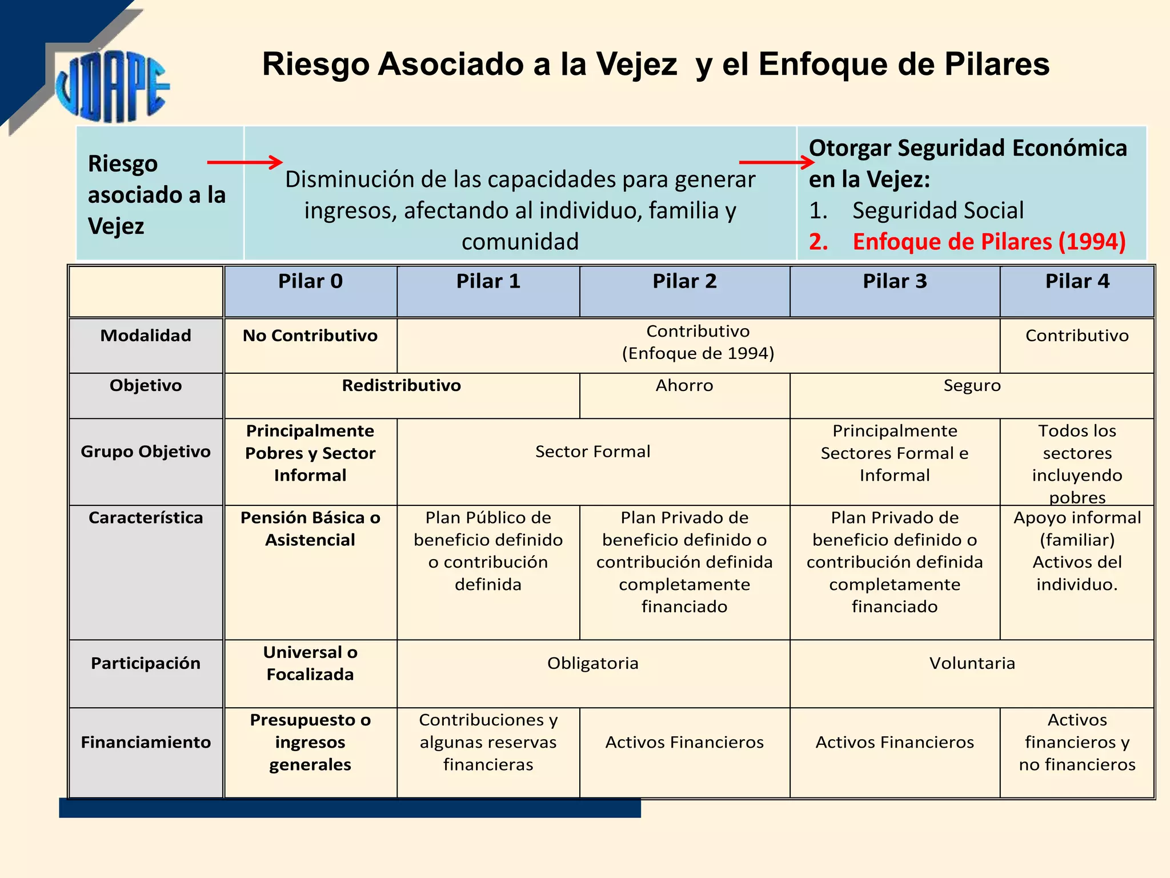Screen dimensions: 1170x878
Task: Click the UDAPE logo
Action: pos(112,86)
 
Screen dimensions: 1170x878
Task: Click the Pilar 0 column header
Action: pos(310,282)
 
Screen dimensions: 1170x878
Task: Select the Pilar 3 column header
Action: pos(895,282)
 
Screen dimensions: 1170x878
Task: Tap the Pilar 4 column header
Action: pos(1077,282)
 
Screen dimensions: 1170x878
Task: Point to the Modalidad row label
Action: pos(146,336)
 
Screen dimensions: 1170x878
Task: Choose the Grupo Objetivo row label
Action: pos(146,452)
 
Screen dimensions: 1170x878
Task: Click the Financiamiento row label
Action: pos(146,742)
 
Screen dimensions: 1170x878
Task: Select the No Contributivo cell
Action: pos(310,336)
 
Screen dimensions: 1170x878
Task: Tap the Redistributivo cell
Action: pos(401,386)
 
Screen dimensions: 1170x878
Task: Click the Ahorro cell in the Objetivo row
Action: pos(684,386)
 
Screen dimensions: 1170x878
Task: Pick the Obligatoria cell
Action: pos(592,663)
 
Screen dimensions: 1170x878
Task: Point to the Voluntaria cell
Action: pos(972,663)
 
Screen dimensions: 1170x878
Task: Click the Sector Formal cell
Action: pos(592,452)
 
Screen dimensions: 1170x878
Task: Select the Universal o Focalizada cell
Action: pos(310,663)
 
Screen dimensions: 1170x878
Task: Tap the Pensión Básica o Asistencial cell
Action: pos(310,529)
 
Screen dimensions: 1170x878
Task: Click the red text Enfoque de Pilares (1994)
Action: pos(989,242)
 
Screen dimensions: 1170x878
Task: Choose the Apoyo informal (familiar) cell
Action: pos(1077,529)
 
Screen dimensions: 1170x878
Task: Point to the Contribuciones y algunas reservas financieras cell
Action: pos(488,742)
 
